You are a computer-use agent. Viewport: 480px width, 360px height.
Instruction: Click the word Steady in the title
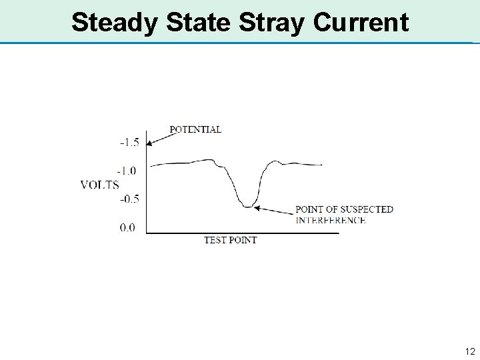(115, 23)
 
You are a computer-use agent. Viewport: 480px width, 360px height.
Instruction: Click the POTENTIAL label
(197, 129)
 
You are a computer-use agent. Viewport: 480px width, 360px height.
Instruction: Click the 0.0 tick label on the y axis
(128, 227)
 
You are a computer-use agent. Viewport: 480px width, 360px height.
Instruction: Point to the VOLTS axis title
(100, 185)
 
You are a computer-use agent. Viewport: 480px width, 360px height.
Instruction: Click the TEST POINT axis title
(230, 240)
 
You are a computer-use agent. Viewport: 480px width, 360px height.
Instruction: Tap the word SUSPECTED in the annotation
(366, 209)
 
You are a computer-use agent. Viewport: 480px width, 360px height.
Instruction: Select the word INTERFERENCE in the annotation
(330, 219)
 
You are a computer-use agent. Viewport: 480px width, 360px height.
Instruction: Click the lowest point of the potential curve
(248, 207)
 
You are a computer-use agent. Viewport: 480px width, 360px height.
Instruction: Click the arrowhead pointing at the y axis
(150, 143)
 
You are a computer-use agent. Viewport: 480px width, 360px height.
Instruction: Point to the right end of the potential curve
(323, 164)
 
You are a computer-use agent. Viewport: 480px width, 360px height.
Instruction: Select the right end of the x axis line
(338, 233)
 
